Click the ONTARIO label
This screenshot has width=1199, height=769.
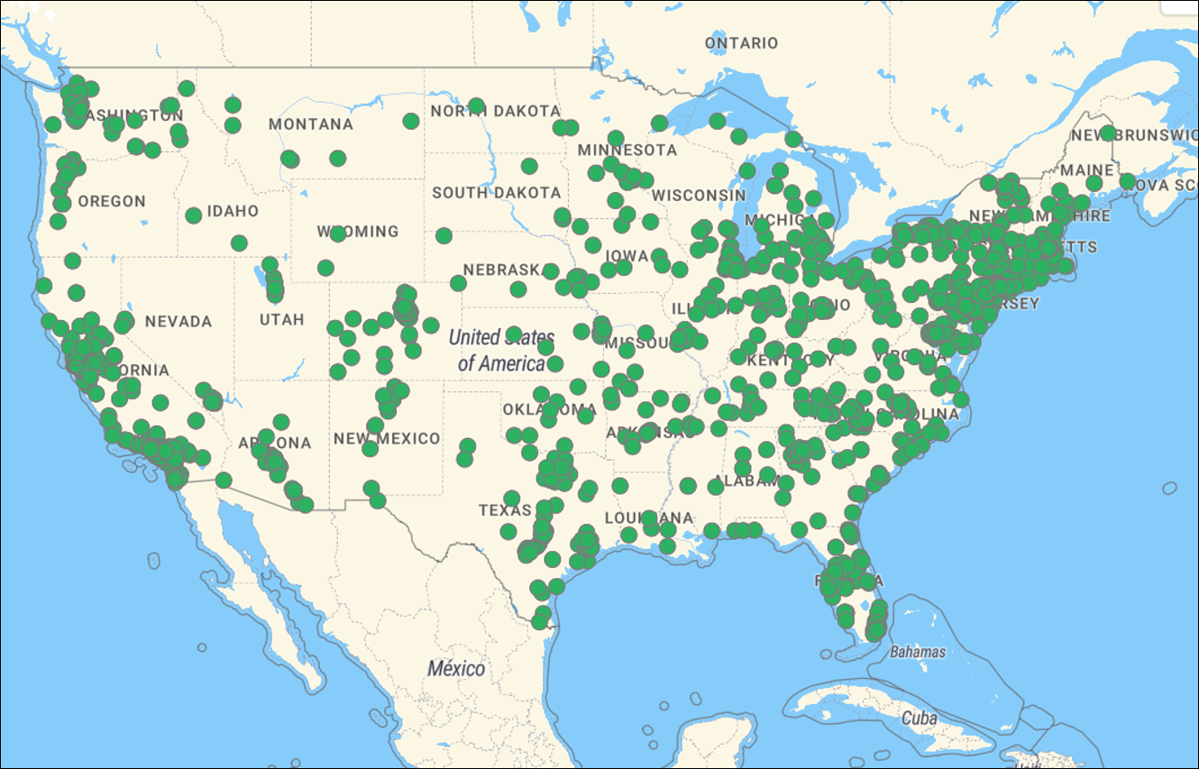741,43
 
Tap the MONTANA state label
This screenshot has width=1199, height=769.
311,124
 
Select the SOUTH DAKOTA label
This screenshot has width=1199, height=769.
496,193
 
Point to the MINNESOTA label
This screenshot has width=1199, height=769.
627,150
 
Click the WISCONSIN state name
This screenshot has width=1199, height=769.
699,196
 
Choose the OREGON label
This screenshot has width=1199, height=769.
112,202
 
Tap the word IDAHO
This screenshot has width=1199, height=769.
233,212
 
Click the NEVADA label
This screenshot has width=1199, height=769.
178,322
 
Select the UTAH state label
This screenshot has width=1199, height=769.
282,320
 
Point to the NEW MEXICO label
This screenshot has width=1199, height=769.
387,439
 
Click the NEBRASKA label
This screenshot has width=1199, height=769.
500,270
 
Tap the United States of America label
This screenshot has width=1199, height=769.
500,351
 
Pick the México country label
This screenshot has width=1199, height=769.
456,669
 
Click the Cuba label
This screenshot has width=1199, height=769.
920,719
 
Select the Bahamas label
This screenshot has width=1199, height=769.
918,651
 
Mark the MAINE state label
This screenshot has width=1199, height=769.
1086,170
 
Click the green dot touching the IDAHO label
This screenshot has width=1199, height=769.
193,215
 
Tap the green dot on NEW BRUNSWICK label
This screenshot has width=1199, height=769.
1107,133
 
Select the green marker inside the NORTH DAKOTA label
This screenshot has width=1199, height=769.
476,106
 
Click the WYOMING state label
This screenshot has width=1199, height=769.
358,232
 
